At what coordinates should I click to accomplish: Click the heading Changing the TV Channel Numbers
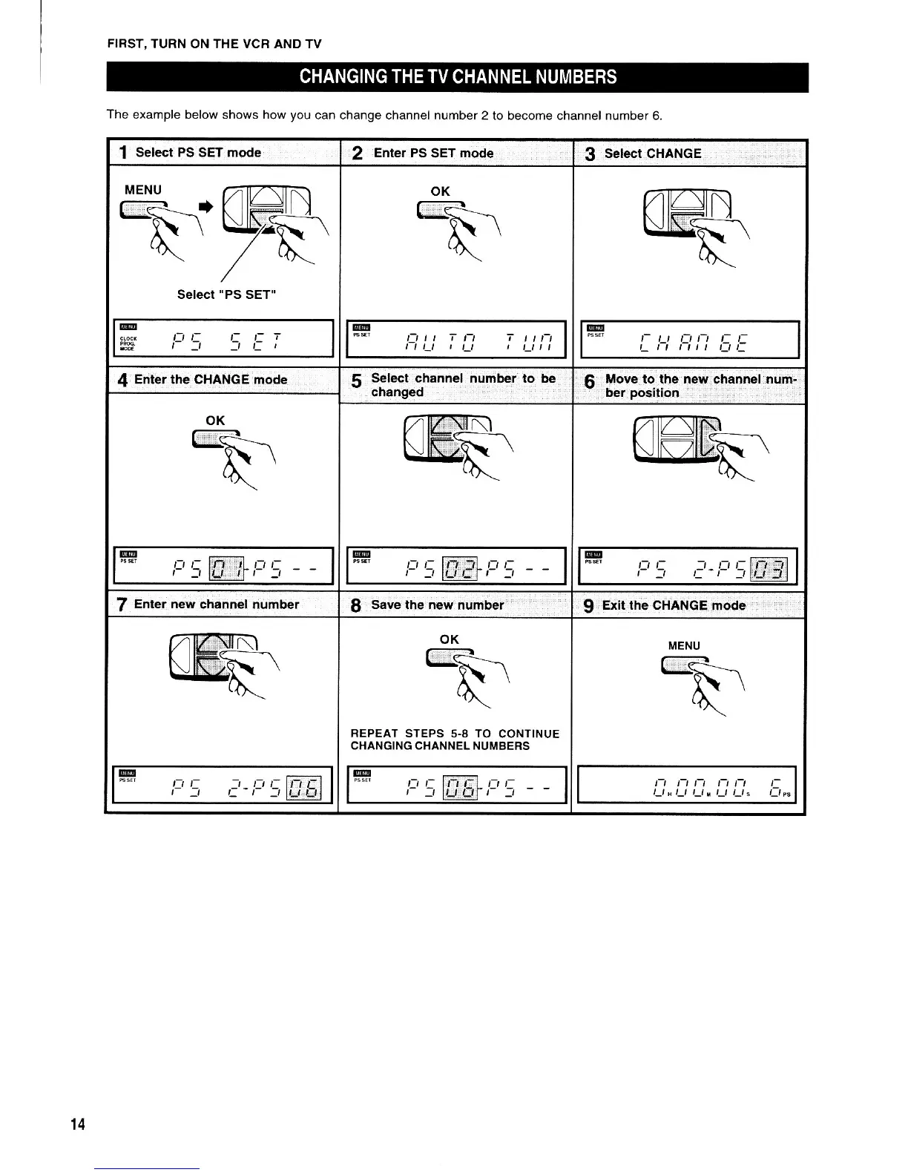458,77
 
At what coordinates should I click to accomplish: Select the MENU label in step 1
142,190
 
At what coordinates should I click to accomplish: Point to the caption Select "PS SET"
227,294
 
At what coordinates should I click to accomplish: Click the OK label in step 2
440,191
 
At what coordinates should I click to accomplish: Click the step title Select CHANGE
652,154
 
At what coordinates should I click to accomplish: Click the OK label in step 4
215,421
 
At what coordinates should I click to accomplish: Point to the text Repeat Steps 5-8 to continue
455,734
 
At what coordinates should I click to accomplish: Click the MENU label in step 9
684,646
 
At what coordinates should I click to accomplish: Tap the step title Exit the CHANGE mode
674,605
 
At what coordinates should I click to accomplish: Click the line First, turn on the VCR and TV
214,44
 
